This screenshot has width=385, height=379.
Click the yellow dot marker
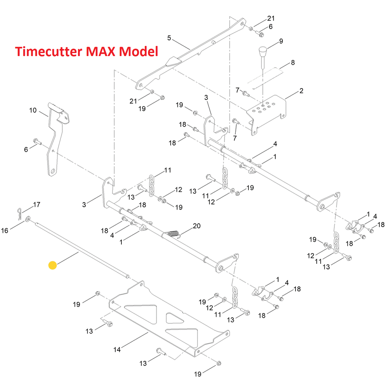point(53,265)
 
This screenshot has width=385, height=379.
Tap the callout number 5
point(169,38)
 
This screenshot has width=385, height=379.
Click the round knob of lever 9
point(262,51)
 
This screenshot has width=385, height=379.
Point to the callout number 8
point(293,62)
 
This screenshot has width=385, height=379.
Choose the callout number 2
point(301,91)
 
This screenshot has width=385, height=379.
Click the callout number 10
point(33,110)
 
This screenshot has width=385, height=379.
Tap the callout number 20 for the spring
point(196,226)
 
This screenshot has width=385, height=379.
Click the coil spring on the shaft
point(173,234)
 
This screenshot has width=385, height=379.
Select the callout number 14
point(117,350)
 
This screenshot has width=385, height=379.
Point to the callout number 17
point(36,205)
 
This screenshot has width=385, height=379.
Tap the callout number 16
point(5,230)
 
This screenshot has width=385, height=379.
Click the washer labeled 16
point(28,219)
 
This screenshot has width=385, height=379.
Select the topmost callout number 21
point(271,18)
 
